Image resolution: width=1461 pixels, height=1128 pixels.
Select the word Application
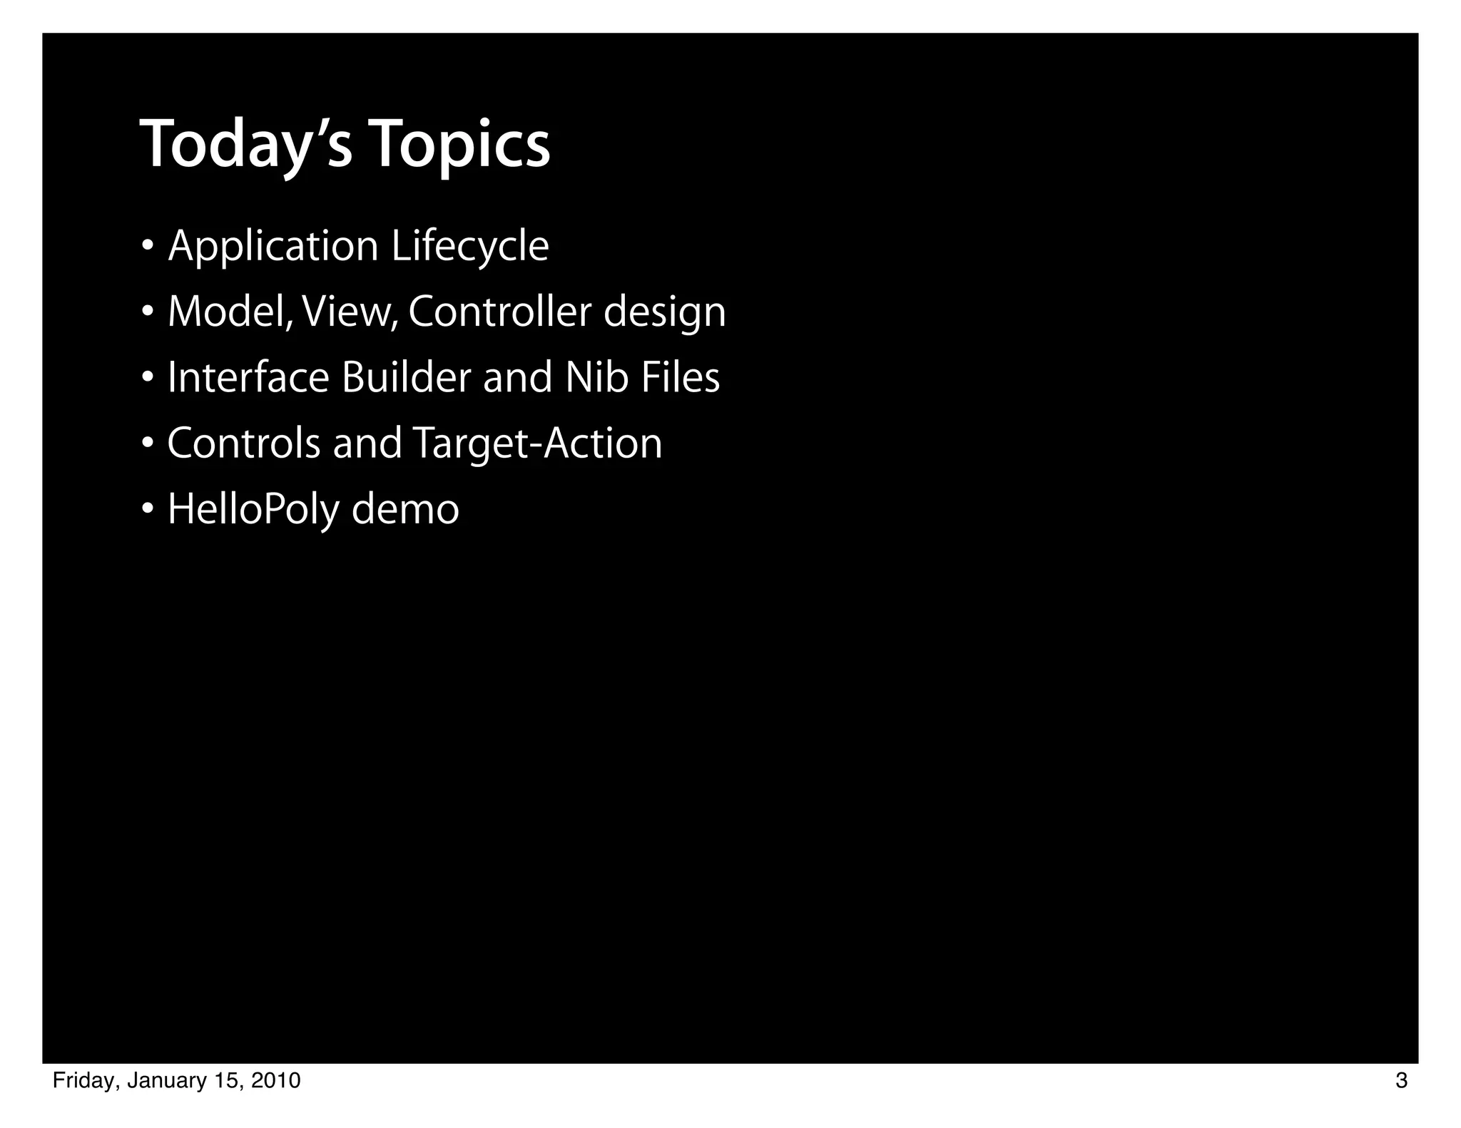coord(273,247)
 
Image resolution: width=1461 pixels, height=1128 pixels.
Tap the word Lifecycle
coord(470,247)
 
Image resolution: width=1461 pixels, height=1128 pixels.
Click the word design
coord(665,314)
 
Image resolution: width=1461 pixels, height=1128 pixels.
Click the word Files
coord(680,378)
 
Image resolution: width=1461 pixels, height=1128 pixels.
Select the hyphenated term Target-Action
coord(537,443)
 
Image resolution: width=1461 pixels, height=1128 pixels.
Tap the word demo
coord(405,511)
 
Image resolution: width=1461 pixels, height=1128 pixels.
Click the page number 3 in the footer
coord(1401,1082)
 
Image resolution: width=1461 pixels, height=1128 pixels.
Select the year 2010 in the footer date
coord(276,1082)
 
